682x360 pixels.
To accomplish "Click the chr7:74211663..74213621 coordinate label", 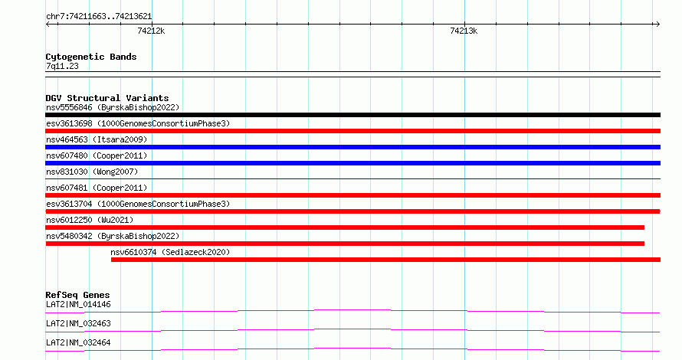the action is coord(99,17).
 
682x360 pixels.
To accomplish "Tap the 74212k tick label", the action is coord(151,31).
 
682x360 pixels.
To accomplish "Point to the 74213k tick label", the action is coord(464,31).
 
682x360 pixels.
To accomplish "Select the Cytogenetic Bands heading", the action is coord(91,57).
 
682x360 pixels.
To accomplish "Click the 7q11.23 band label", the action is coord(62,66).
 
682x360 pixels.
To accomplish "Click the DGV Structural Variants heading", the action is coord(107,98).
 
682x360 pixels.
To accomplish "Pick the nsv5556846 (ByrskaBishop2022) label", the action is coord(113,107).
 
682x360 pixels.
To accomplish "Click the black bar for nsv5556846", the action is coord(352,115).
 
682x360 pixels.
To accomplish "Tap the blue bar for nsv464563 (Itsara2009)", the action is coord(352,147).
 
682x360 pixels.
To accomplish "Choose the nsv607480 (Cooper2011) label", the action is coord(97,155).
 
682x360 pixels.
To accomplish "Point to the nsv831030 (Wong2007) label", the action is coord(92,172).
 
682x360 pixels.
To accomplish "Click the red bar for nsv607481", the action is coord(352,195).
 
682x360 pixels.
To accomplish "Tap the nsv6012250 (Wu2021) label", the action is coord(90,220).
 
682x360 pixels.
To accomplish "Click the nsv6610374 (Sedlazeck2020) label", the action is coord(170,252).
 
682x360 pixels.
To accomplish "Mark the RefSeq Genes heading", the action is coord(77,295).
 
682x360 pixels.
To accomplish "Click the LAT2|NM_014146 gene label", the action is coord(78,304).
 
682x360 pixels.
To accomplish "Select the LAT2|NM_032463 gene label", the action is coord(78,323).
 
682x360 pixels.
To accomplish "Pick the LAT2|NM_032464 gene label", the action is coord(78,342).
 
